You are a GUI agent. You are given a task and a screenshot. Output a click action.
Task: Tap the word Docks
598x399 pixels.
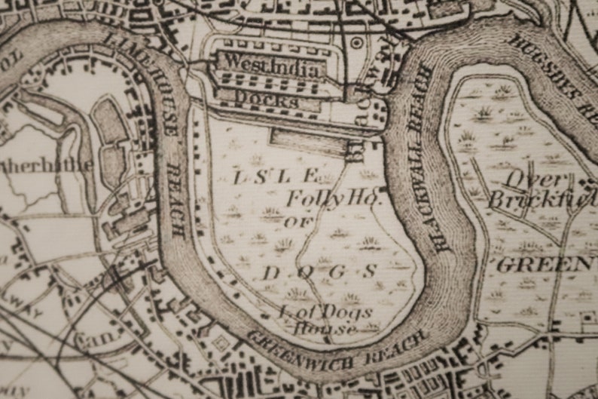pos(266,100)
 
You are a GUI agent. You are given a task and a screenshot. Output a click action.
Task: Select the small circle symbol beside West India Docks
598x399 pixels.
pos(356,43)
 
